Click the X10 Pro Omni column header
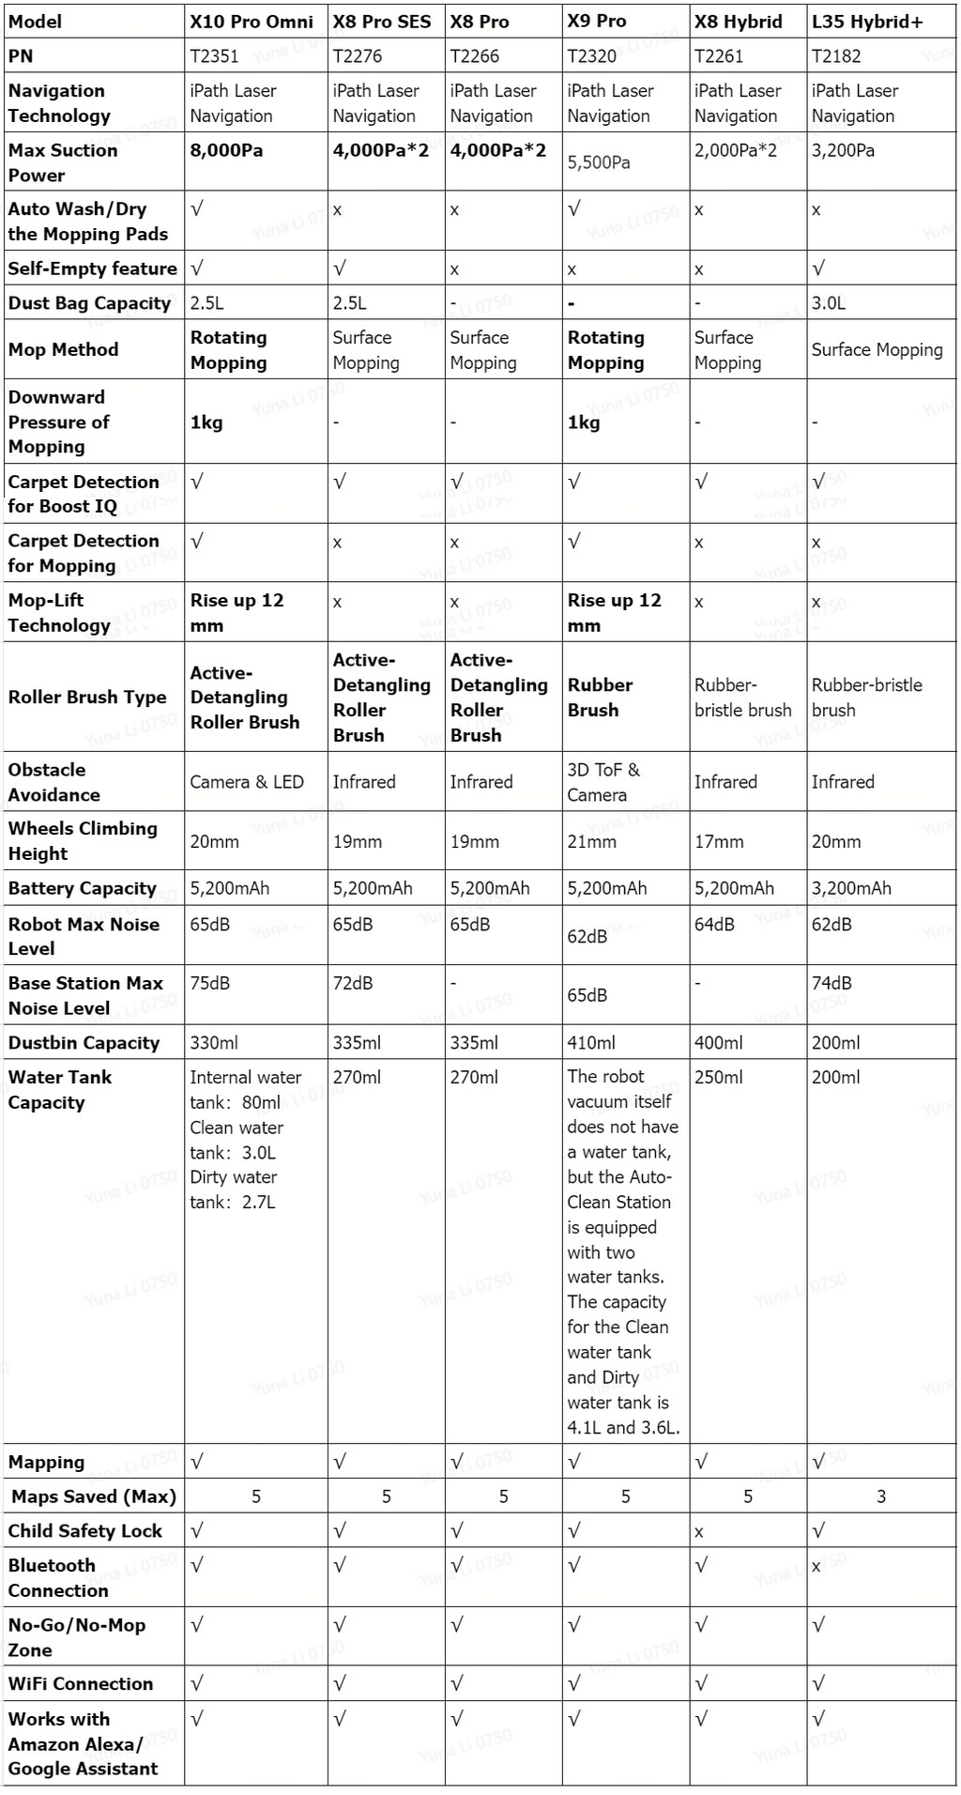[x=252, y=22]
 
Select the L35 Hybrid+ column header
[x=867, y=22]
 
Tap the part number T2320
[x=592, y=56]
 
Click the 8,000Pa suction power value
[x=226, y=150]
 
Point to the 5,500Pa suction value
[x=599, y=162]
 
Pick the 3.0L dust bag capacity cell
[x=828, y=303]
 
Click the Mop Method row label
[x=63, y=349]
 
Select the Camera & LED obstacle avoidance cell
[x=247, y=782]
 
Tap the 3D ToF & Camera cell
[x=603, y=782]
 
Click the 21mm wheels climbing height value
[x=591, y=841]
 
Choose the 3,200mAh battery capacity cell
[x=851, y=888]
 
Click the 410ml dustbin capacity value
[x=591, y=1043]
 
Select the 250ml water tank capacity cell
[x=718, y=1078]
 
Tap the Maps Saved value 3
[x=881, y=1496]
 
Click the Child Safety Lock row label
[x=84, y=1531]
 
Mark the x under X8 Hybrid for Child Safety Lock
[x=699, y=1532]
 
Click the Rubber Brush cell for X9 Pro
[x=600, y=698]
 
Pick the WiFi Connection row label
[x=80, y=1684]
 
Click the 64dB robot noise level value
[x=714, y=925]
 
